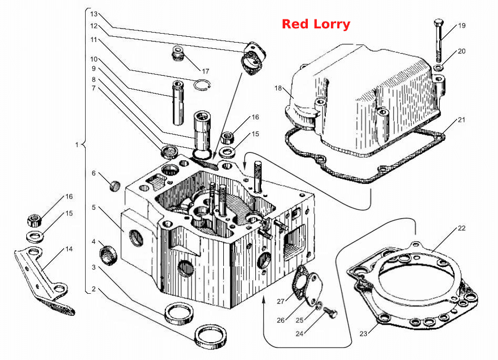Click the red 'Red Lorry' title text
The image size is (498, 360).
coord(316,24)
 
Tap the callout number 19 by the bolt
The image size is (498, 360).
coord(461,25)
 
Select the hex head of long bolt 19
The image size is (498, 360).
coord(439,23)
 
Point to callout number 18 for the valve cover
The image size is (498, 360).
coord(278,88)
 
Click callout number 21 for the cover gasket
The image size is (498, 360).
coord(461,120)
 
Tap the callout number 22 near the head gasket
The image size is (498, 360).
coord(461,228)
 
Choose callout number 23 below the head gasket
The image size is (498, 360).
coord(364,333)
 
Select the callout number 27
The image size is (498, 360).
coord(281,301)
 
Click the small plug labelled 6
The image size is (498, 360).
coord(115,186)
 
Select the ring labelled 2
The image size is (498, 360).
coord(211,336)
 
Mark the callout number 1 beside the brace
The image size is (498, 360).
coord(77,145)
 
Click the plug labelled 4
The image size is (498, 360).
coord(108,255)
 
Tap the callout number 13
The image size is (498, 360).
coord(94,14)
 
